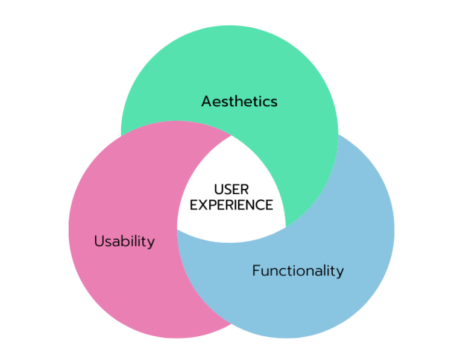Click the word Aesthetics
click(x=239, y=101)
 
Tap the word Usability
click(x=124, y=241)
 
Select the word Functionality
click(x=298, y=271)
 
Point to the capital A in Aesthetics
click(x=207, y=101)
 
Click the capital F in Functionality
click(x=256, y=271)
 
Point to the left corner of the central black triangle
click(x=178, y=229)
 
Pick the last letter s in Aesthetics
click(x=274, y=102)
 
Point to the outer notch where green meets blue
click(x=338, y=134)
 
